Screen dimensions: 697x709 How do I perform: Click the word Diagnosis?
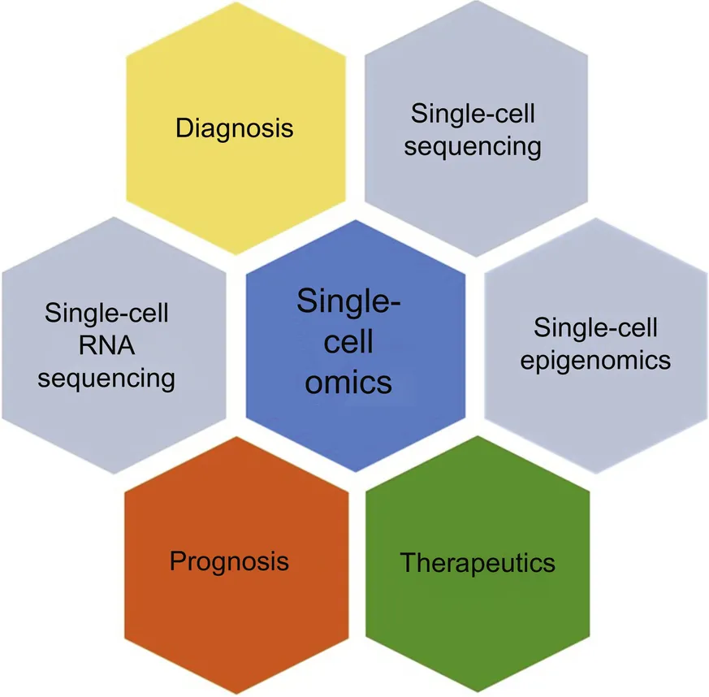click(x=235, y=128)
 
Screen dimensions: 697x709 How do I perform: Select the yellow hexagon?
click(x=235, y=175)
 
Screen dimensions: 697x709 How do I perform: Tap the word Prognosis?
click(x=229, y=561)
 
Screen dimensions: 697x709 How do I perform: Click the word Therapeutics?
click(x=478, y=562)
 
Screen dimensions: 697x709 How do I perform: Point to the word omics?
click(x=348, y=381)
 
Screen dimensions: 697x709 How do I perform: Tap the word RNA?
click(x=106, y=345)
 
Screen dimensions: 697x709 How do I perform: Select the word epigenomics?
click(x=595, y=360)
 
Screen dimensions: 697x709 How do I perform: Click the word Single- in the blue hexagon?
click(x=348, y=301)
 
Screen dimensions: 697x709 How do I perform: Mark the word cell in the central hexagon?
click(x=348, y=341)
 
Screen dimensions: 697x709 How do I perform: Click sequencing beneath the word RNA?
click(x=106, y=378)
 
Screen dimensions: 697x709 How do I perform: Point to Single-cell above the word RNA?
click(x=106, y=314)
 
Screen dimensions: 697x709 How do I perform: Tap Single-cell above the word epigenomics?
click(x=595, y=327)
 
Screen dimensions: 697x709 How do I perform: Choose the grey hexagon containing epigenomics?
click(x=595, y=406)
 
